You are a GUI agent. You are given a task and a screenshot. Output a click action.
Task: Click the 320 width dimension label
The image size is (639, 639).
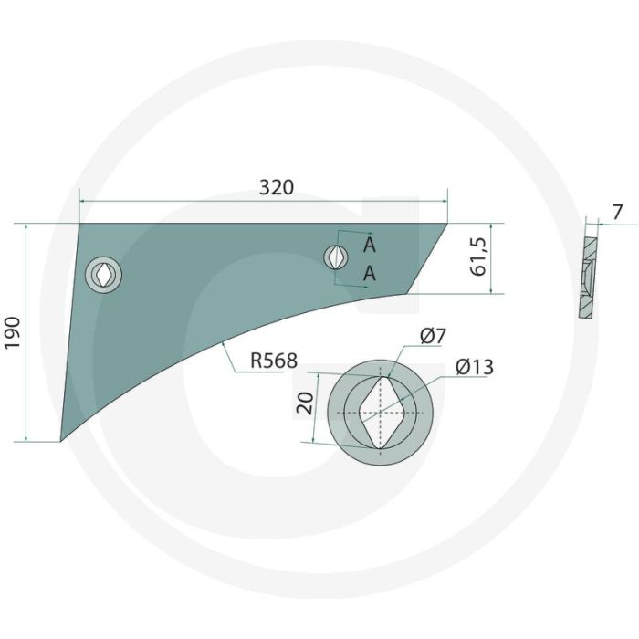(277, 187)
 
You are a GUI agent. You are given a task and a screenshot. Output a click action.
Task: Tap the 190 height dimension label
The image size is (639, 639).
(13, 332)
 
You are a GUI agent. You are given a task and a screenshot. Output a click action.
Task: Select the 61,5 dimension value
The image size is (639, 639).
(478, 257)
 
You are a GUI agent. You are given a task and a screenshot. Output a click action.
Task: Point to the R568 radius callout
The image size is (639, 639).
(274, 361)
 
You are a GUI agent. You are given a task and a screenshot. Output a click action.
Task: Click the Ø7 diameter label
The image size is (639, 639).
(433, 336)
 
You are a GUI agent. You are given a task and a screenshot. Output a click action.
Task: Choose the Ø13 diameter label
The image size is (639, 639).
(475, 367)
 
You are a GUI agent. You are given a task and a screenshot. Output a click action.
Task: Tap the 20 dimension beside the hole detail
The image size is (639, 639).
(305, 403)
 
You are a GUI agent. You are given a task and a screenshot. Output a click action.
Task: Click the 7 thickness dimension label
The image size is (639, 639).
(618, 213)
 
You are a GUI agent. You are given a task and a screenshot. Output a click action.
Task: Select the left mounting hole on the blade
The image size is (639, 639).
(103, 274)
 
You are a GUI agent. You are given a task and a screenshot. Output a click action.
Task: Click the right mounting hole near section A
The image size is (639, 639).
(336, 257)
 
